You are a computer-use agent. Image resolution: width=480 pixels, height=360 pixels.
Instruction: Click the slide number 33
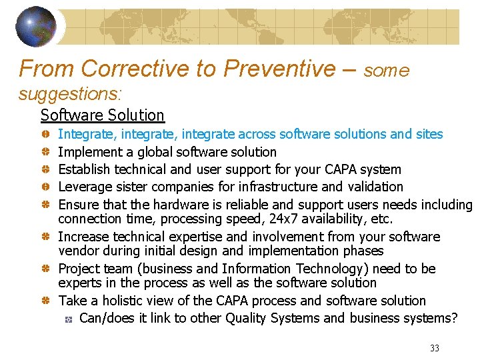435,348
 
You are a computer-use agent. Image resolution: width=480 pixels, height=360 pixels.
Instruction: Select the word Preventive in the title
280,68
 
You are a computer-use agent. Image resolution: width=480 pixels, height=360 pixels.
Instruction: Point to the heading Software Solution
102,115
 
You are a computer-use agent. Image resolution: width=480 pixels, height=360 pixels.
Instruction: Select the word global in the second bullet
153,152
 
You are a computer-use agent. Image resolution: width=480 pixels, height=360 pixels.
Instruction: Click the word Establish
84,169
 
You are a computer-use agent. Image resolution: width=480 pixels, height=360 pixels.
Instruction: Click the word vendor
78,251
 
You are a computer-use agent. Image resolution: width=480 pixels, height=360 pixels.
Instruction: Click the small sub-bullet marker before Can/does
68,319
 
